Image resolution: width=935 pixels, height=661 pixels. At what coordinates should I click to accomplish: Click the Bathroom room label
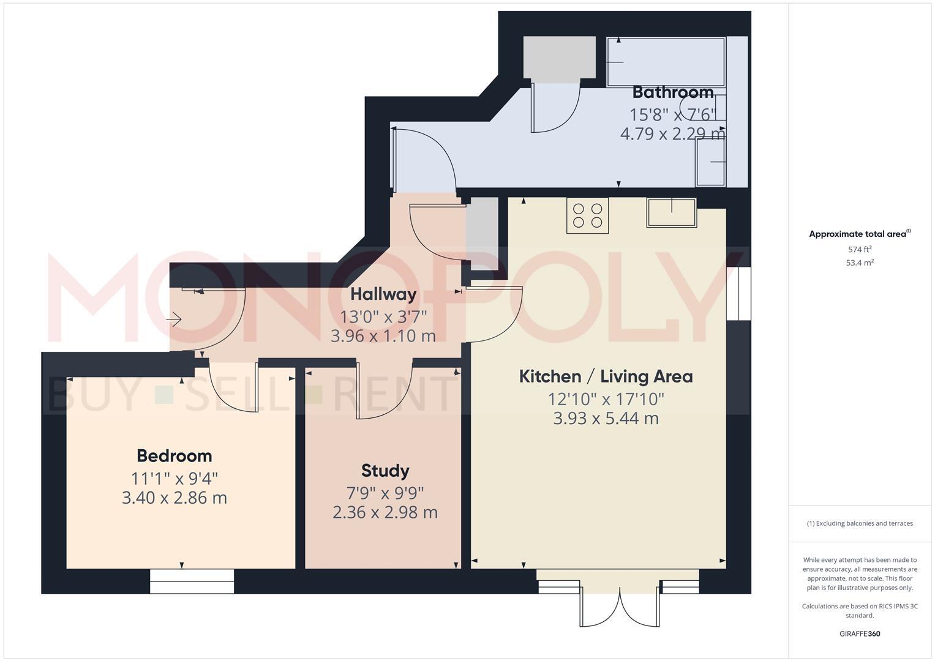672,92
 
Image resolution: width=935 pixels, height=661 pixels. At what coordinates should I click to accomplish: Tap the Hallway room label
383,294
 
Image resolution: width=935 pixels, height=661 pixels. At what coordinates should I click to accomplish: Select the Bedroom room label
175,456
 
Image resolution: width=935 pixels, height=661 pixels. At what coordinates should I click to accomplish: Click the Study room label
385,471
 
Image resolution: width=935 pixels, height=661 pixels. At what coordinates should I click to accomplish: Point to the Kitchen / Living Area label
606,376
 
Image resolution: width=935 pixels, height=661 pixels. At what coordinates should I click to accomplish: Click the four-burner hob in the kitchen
587,215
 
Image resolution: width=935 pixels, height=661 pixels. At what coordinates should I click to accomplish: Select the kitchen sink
671,212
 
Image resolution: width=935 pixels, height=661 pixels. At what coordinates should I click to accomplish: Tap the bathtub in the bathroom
666,61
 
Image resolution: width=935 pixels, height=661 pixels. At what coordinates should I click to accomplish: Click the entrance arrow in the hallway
175,319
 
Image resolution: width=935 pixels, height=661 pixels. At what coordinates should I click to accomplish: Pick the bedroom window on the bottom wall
192,581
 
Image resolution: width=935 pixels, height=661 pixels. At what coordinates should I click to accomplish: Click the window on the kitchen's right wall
738,294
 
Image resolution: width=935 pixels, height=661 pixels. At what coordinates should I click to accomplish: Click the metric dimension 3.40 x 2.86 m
175,498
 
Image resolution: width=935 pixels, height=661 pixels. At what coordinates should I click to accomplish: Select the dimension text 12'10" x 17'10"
606,400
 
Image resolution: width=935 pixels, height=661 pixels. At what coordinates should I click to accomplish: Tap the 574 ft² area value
859,250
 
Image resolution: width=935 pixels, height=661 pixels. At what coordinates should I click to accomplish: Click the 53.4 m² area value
859,263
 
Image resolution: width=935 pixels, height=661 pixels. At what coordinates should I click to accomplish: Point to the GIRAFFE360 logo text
859,634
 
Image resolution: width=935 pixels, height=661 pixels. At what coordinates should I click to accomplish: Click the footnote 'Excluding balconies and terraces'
859,523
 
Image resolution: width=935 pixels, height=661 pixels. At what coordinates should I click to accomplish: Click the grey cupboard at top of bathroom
559,57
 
